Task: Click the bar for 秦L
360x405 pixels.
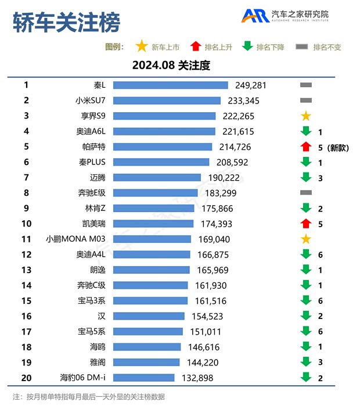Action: tap(170, 85)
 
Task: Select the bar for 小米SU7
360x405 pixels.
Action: tap(167, 101)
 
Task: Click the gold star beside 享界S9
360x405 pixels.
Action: tap(306, 116)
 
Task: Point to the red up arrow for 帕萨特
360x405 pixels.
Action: tap(306, 147)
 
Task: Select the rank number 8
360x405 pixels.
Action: tap(26, 192)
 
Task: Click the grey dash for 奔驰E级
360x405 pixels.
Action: tap(306, 192)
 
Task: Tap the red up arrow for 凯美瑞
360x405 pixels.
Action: tap(306, 223)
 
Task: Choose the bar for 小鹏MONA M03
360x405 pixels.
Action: tap(152, 239)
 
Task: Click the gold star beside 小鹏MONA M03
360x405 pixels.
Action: tap(306, 239)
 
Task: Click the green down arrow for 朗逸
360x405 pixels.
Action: tap(306, 270)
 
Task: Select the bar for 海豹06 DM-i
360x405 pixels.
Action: tap(143, 378)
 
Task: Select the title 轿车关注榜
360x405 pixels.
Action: tap(66, 23)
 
